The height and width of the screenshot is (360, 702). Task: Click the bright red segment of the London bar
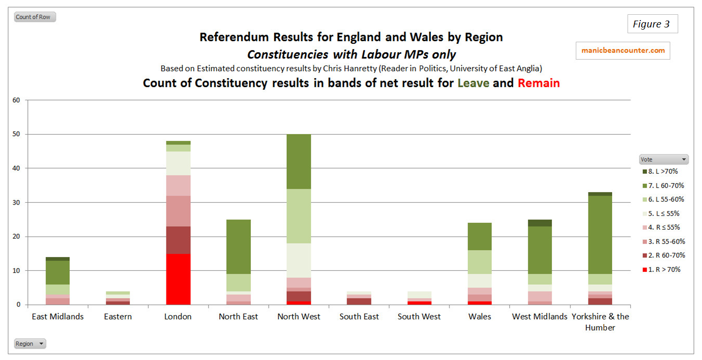tap(179, 279)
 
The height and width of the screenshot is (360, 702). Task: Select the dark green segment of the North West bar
tap(299, 162)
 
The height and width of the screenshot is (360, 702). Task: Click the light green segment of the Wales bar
tap(479, 262)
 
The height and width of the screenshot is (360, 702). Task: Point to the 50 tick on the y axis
tap(16, 134)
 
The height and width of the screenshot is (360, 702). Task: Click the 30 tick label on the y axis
tap(16, 203)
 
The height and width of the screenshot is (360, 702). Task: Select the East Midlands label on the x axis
tap(58, 317)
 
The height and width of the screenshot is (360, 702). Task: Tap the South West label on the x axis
tap(419, 317)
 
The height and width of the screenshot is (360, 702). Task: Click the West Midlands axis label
tap(540, 317)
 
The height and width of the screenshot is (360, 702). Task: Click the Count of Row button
tap(34, 17)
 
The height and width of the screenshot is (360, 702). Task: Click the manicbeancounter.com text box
tap(623, 51)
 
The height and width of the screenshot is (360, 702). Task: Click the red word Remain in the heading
tap(539, 83)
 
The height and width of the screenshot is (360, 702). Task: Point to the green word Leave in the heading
tap(473, 83)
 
